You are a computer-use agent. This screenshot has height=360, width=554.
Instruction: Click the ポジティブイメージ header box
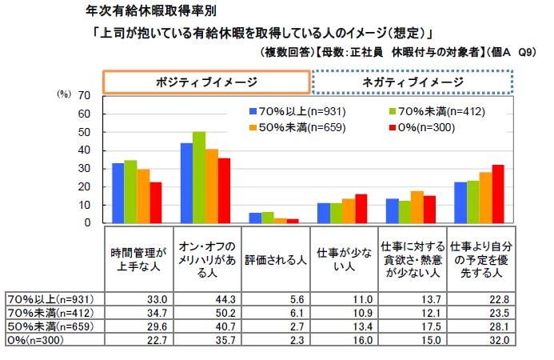pyautogui.click(x=205, y=82)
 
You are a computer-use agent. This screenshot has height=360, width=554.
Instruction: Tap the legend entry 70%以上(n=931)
pyautogui.click(x=289, y=111)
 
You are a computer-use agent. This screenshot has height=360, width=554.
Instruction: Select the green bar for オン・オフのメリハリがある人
pyautogui.click(x=199, y=178)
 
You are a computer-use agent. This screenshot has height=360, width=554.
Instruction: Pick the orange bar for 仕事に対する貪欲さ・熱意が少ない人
pyautogui.click(x=416, y=207)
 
